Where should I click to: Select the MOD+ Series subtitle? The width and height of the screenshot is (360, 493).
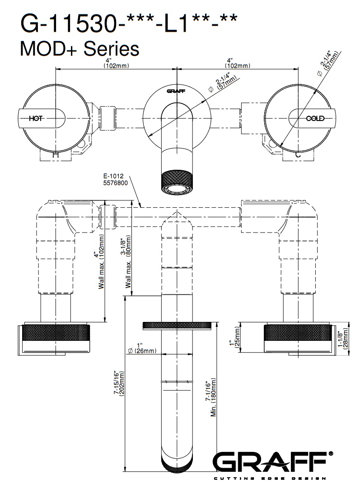79,49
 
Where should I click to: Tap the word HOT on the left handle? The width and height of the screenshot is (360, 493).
36,119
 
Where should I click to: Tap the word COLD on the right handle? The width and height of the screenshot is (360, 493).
315,119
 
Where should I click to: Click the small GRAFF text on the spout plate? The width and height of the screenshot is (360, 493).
176,91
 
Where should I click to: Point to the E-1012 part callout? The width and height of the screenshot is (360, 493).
113,176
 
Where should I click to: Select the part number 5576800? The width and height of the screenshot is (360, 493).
116,183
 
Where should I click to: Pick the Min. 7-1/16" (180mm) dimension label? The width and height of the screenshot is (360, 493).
211,397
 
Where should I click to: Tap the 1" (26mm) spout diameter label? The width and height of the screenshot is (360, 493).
142,348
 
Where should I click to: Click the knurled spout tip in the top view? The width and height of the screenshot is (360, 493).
177,182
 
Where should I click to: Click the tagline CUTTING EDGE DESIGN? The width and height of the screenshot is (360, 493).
270,479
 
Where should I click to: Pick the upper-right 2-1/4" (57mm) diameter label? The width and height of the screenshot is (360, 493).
328,63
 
